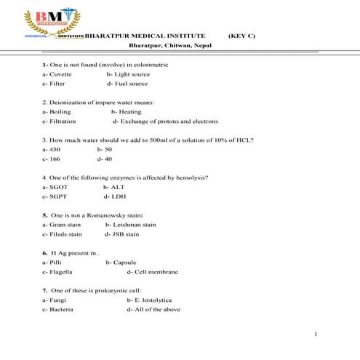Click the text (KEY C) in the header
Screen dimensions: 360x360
click(x=241, y=36)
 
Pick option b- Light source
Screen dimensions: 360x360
click(x=128, y=74)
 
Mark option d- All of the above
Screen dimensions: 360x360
click(x=153, y=309)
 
